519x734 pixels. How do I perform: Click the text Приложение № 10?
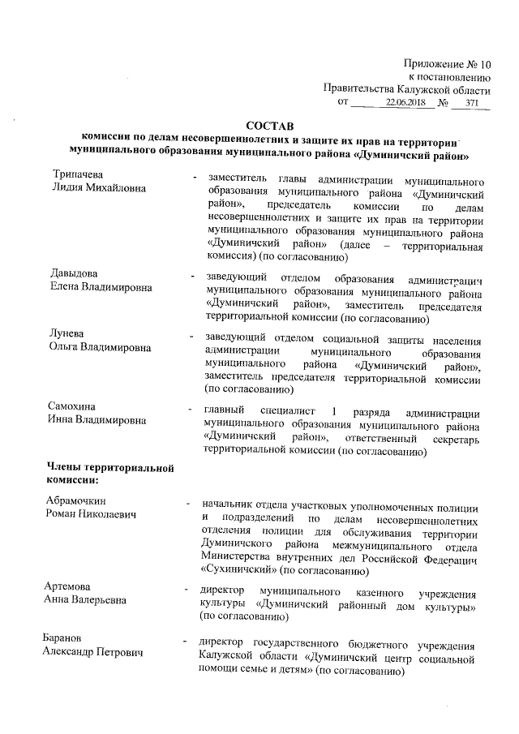pyautogui.click(x=447, y=63)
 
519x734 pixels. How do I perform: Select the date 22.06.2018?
pyautogui.click(x=405, y=104)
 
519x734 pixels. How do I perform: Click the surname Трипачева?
pyautogui.click(x=77, y=175)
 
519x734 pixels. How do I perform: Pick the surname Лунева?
pyautogui.click(x=67, y=335)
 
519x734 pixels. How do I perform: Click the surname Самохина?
pyautogui.click(x=73, y=406)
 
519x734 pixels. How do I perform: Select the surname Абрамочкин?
pyautogui.click(x=76, y=500)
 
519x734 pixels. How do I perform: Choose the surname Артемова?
pyautogui.click(x=68, y=586)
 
